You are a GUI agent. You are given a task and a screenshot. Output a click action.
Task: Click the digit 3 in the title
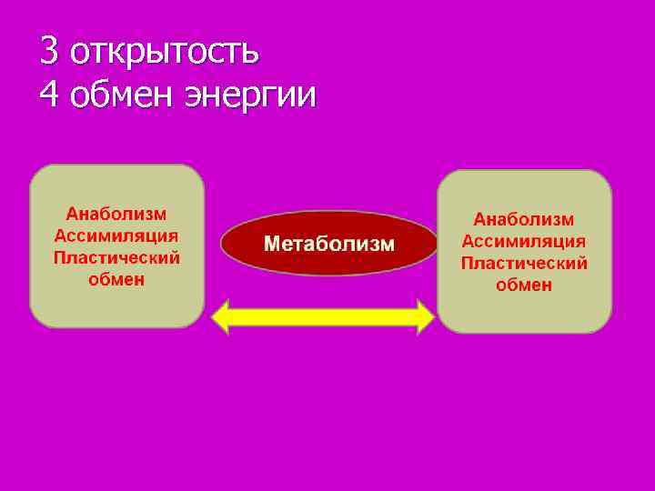49,51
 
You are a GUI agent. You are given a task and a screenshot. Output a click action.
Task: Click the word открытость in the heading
165,53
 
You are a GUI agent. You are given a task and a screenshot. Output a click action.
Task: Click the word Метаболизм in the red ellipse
329,244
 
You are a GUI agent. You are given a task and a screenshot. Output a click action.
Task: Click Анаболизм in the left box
116,214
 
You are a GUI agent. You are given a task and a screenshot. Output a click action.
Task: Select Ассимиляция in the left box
116,235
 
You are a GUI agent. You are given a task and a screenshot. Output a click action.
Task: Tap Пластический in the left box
116,257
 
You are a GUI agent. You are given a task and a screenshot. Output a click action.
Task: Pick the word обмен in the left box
116,279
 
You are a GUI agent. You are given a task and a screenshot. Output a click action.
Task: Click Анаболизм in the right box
524,219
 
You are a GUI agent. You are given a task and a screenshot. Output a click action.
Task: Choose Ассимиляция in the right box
524,241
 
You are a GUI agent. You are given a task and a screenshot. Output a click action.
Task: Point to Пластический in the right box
524,263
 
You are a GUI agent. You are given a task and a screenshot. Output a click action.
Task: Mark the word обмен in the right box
524,285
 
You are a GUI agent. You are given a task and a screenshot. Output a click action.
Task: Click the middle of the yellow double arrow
323,317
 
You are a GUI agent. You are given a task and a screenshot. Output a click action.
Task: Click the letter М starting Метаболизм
271,244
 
